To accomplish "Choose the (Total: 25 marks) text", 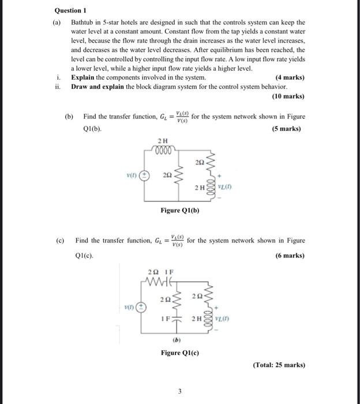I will [x=279, y=364].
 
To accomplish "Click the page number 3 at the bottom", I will [x=179, y=391].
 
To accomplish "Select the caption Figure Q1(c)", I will [x=179, y=353].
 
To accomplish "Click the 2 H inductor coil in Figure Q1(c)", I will [x=209, y=319].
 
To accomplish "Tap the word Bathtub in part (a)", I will [x=84, y=22].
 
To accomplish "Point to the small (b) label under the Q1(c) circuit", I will [x=179, y=340].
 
